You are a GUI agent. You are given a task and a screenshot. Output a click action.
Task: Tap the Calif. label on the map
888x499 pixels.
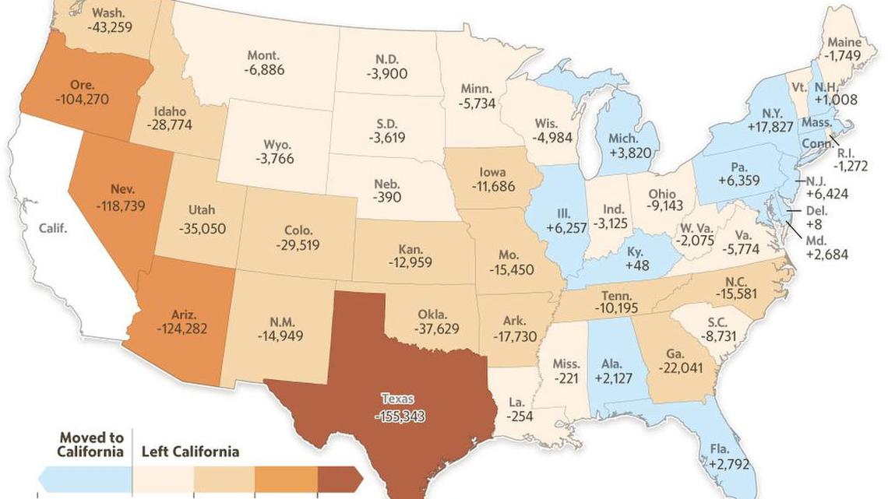point(55,228)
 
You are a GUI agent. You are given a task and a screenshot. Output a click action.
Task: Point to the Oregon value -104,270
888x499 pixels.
point(82,100)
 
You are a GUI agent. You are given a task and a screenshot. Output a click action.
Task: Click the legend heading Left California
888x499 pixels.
point(190,452)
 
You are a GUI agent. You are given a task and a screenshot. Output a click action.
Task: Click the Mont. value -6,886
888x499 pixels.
point(263,70)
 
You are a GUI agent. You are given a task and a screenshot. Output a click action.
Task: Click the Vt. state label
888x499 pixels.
point(799,88)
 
